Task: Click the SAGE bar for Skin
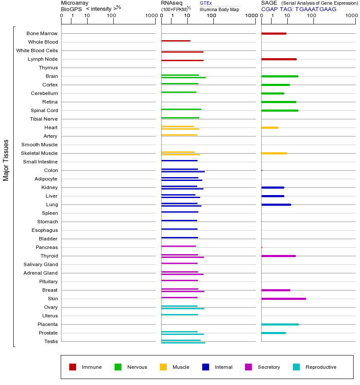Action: [283, 299]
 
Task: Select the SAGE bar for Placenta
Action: [280, 324]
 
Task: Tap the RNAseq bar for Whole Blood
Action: [176, 41]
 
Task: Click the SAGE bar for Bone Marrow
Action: [274, 33]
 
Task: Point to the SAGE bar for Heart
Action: [270, 127]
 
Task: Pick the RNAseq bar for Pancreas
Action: [178, 246]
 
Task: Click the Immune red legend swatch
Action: [73, 367]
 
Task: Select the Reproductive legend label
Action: [321, 367]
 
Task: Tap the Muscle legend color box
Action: [163, 367]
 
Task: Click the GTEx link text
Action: [206, 3]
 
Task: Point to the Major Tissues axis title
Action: [6, 160]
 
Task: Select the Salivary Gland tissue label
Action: [41, 264]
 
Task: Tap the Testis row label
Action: [51, 341]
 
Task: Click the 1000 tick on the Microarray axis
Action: [151, 16]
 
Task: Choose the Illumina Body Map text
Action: [219, 9]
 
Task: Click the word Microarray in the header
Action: [75, 3]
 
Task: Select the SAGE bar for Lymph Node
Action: [279, 59]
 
